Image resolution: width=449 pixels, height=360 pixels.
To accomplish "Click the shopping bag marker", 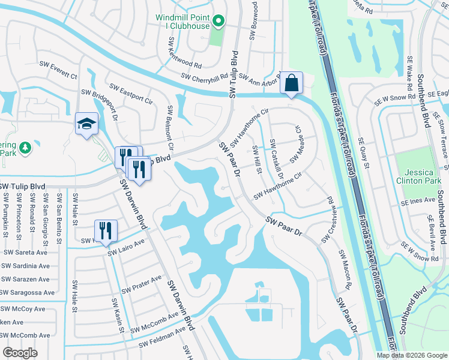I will (x=291, y=83).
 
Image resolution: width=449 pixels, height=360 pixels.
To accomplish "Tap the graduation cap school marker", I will (x=86, y=124).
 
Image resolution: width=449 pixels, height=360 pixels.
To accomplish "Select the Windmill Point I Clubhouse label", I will (x=182, y=22).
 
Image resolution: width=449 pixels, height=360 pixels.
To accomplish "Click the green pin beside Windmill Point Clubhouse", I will (x=218, y=23).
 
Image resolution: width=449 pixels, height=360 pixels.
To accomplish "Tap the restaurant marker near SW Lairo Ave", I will (x=106, y=230).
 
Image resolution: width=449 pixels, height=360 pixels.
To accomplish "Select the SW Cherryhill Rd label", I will (x=206, y=77).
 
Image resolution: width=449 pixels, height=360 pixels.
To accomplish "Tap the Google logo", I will (x=21, y=352).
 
